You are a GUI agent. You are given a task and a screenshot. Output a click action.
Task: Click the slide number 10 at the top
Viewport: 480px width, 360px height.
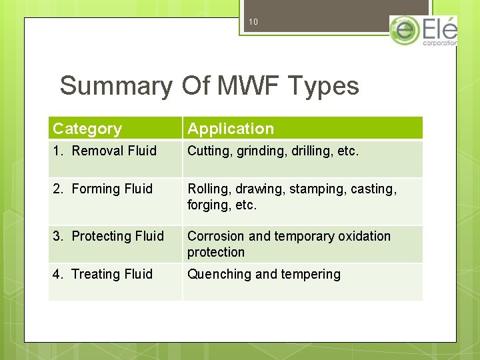(x=253, y=22)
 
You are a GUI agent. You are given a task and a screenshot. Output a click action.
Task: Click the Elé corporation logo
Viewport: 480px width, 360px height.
(x=424, y=31)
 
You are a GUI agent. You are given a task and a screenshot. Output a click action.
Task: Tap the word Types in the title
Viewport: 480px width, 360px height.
(x=323, y=86)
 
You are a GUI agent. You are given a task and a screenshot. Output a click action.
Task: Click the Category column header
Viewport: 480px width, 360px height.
(x=87, y=129)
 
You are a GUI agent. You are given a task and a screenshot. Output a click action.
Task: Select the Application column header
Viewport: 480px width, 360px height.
(x=231, y=129)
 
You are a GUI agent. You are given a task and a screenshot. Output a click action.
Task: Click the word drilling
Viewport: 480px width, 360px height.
(x=312, y=151)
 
